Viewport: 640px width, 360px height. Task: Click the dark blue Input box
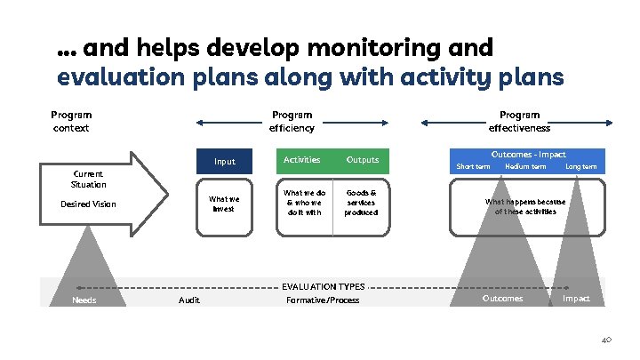coord(225,161)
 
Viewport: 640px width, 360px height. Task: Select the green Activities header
coord(301,160)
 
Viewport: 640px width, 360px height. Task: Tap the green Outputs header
coord(362,160)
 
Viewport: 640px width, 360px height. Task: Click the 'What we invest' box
coord(224,204)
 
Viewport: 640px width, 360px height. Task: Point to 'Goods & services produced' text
coord(361,203)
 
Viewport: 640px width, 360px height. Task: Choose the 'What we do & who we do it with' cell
coord(303,203)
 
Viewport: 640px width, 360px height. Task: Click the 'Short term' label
coord(473,166)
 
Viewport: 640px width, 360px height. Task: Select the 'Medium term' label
coord(525,166)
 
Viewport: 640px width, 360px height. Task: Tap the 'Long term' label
coord(581,166)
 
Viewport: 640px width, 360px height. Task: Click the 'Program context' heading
coord(71,121)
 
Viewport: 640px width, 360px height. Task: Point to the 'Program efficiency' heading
coord(292,121)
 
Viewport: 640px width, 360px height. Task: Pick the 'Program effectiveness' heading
coord(519,121)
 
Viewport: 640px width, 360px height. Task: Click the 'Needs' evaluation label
coord(84,300)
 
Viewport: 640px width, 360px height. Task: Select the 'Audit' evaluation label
coord(189,300)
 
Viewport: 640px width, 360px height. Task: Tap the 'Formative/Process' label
coord(323,300)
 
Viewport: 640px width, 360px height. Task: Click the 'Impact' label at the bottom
coord(576,299)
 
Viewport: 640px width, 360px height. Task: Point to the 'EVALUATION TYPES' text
coord(323,287)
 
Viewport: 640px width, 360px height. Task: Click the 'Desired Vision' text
coord(88,204)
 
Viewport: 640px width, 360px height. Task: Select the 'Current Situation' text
coord(88,179)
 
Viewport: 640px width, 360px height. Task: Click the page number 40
coord(607,340)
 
